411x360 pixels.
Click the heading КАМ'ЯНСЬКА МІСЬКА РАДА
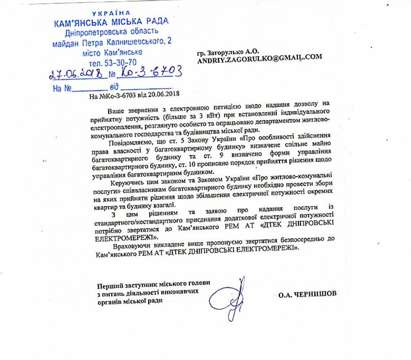pos(111,22)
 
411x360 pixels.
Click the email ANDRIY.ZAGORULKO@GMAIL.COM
pos(260,57)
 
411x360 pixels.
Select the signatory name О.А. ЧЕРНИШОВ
pos(307,294)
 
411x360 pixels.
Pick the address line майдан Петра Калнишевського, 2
pos(112,43)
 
